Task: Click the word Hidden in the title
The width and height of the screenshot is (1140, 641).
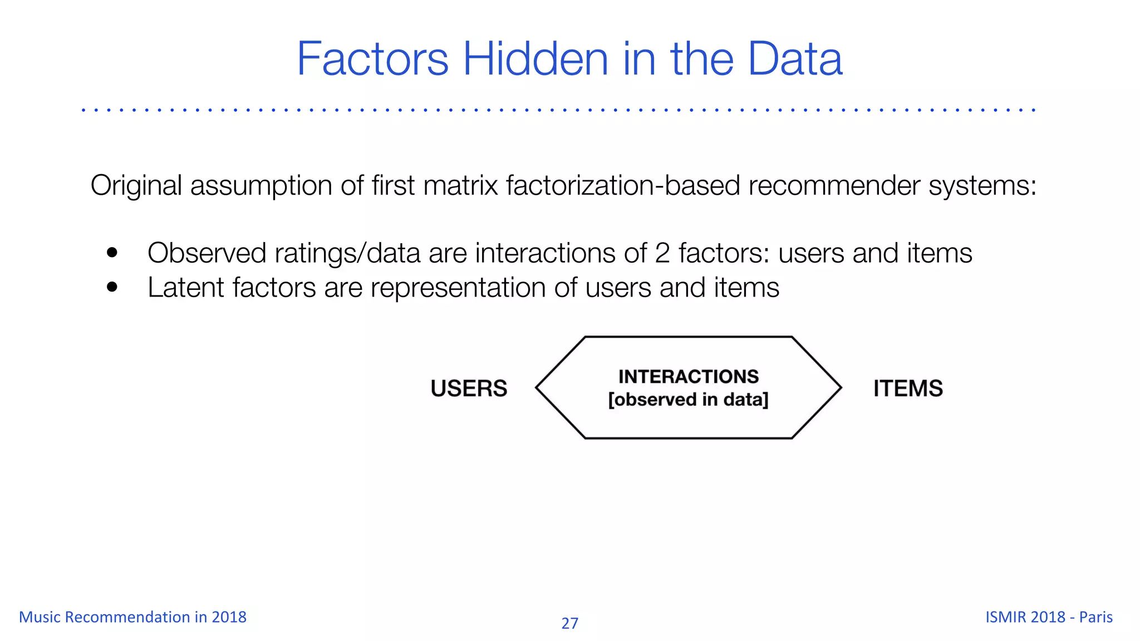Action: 535,58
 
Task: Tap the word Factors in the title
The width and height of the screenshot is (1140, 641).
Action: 372,58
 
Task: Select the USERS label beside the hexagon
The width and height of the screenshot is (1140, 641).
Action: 469,388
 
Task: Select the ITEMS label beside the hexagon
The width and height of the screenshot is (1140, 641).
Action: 908,388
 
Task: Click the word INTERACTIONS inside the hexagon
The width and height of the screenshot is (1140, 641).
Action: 689,376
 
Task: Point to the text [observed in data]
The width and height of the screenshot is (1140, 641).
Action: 688,400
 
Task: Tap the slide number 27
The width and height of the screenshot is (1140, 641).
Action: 569,623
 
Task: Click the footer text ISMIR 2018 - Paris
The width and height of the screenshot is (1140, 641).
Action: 1049,617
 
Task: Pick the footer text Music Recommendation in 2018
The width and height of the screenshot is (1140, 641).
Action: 132,617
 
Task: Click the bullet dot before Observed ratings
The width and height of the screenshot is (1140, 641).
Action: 112,253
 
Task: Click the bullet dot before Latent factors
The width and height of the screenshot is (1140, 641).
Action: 112,287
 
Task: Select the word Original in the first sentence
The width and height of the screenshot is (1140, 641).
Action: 136,185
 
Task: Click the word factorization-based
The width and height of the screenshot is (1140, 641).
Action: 623,185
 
